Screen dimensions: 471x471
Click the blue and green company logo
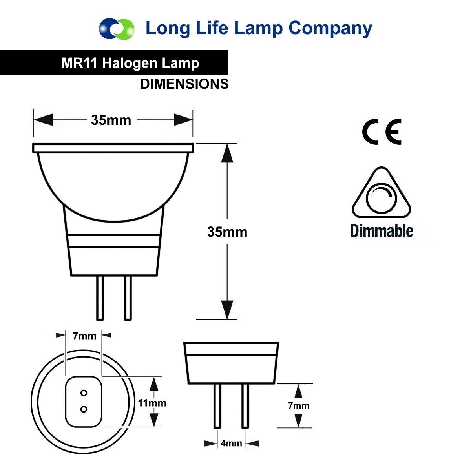[117, 29]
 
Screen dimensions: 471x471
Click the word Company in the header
[330, 28]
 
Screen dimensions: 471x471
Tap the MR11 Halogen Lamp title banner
[130, 63]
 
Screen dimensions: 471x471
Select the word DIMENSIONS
[184, 84]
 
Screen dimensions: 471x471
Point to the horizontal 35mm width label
[111, 120]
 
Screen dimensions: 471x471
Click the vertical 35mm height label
[227, 232]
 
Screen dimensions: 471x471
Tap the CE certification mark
[382, 132]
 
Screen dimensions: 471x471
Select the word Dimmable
[381, 231]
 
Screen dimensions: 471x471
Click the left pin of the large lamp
[100, 298]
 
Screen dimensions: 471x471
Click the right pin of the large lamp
[128, 298]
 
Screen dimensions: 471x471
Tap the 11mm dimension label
[152, 403]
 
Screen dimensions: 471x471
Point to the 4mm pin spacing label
[231, 444]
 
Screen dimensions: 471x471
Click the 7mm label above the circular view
[84, 336]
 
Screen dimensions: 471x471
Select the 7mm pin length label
[299, 406]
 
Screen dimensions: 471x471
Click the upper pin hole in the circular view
[84, 393]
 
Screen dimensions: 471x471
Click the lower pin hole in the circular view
[84, 409]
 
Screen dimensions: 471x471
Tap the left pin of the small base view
[217, 406]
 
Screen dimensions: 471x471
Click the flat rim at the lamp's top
[113, 148]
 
